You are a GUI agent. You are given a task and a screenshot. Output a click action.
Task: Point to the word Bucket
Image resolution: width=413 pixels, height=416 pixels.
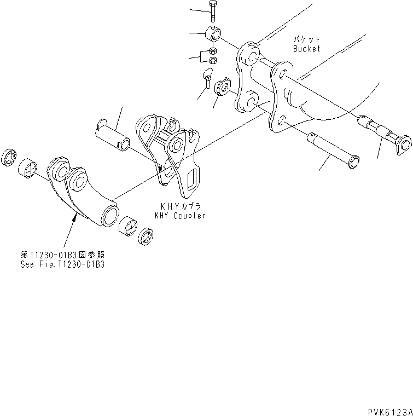pos(306,49)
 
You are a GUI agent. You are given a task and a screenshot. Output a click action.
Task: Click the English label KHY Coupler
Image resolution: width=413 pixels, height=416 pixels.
pos(180,216)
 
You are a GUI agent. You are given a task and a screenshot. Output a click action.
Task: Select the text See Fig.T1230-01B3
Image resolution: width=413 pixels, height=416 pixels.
pos(60,263)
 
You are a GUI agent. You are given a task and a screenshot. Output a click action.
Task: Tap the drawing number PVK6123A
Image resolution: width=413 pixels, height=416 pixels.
pos(387,410)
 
